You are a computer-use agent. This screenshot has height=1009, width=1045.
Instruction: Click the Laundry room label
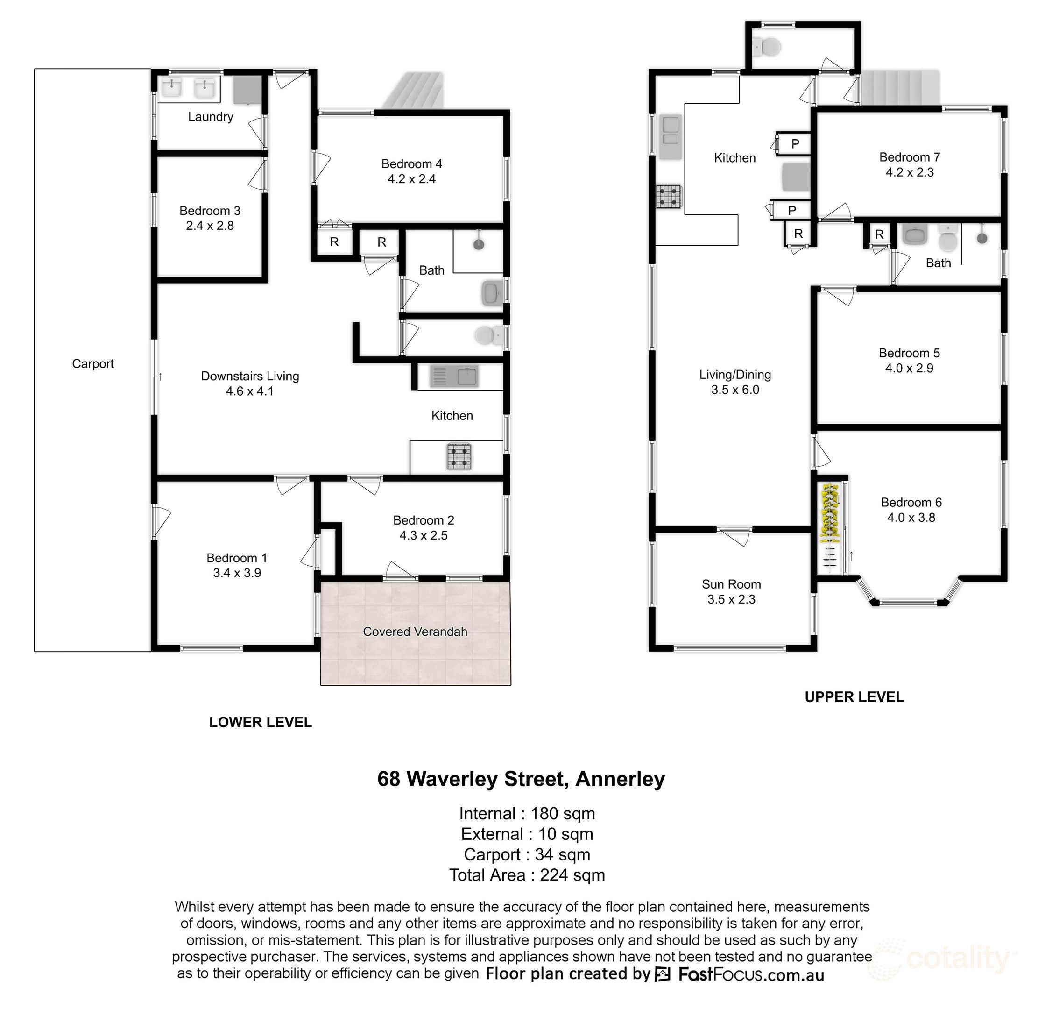[211, 117]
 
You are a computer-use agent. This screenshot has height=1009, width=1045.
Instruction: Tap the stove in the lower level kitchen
[459, 456]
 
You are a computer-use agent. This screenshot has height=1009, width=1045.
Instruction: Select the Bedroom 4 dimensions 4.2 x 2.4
[411, 179]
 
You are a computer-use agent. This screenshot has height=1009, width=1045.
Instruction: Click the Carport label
[93, 364]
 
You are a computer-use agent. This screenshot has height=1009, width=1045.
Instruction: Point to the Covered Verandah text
[415, 632]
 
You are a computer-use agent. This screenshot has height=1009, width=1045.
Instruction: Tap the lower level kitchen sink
[455, 377]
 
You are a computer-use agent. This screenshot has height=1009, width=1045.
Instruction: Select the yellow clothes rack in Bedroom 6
[829, 512]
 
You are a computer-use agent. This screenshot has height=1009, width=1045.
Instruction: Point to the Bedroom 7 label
[910, 157]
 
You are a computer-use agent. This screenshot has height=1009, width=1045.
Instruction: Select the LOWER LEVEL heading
[260, 722]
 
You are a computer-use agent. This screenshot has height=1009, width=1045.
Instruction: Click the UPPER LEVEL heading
[854, 697]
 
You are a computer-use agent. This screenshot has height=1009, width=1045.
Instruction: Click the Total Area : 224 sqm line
[527, 874]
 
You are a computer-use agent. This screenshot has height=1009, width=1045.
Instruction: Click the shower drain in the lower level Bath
[479, 244]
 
